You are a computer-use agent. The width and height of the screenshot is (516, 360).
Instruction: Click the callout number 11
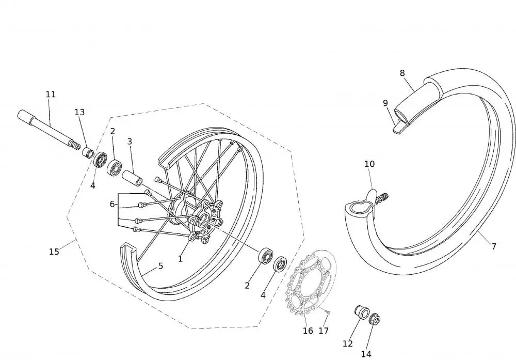point(51,95)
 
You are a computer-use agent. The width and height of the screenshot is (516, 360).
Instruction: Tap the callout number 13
point(79,112)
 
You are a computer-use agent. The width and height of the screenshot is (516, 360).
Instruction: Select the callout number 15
point(54,252)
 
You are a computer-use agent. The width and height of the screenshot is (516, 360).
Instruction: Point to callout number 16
point(308,331)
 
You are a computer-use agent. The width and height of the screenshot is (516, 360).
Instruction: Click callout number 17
point(324,331)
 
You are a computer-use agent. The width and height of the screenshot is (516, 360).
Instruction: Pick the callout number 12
point(347,344)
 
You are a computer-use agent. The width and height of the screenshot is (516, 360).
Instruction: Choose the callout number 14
point(366,354)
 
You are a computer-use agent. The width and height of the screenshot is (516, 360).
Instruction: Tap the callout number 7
point(494,246)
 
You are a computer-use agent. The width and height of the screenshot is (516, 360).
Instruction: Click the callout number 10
point(369,164)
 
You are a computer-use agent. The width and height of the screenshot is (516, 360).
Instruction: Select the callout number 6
point(112,204)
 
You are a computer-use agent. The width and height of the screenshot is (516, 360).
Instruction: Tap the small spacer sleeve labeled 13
point(88,153)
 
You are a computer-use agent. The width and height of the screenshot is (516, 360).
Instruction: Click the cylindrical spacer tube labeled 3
point(132,179)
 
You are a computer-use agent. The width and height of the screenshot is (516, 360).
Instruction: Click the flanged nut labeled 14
point(375,319)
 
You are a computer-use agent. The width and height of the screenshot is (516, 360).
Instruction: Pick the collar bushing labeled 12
point(361,312)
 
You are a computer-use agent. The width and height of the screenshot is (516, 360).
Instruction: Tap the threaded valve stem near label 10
point(382,199)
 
